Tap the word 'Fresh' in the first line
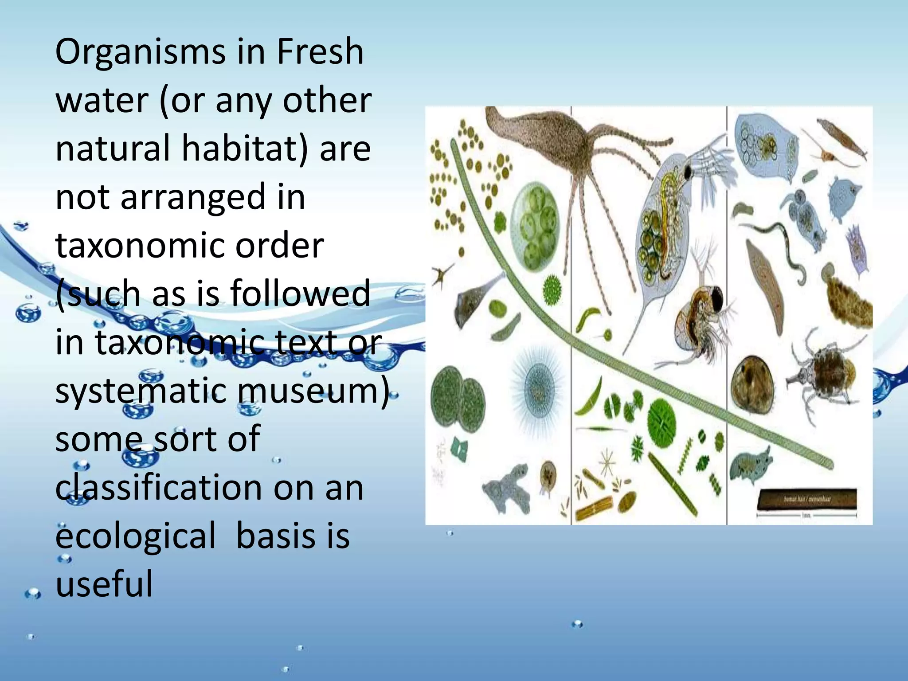point(320,51)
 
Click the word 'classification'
point(158,488)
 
